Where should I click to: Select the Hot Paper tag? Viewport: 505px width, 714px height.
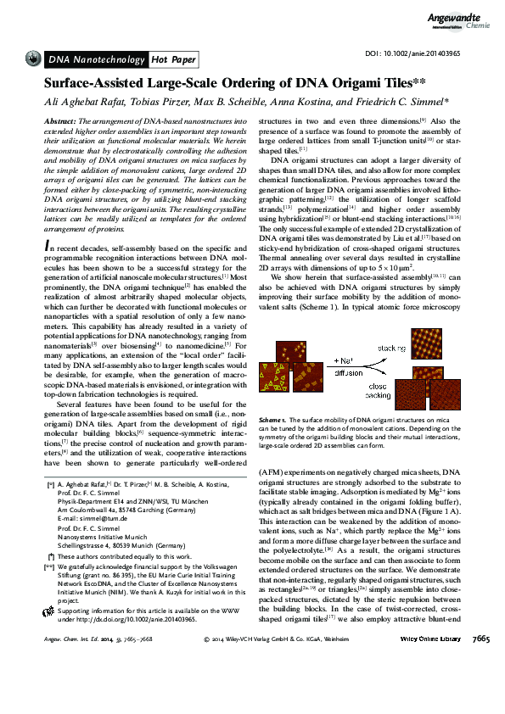(x=173, y=59)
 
